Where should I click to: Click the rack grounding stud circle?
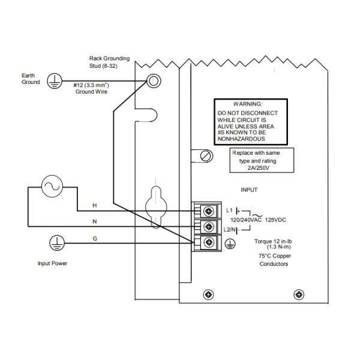pyautogui.click(x=154, y=82)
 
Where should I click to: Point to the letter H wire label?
pyautogui.click(x=94, y=205)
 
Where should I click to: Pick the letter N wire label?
pyautogui.click(x=94, y=221)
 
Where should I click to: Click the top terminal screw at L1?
pyautogui.click(x=209, y=211)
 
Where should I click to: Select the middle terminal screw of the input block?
pyautogui.click(x=209, y=227)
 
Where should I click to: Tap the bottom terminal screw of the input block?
pyautogui.click(x=209, y=242)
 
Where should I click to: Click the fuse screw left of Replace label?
pyautogui.click(x=206, y=155)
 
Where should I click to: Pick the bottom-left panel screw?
pyautogui.click(x=208, y=294)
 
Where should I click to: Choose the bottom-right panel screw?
pyautogui.click(x=298, y=294)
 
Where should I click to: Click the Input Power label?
pyautogui.click(x=52, y=263)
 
